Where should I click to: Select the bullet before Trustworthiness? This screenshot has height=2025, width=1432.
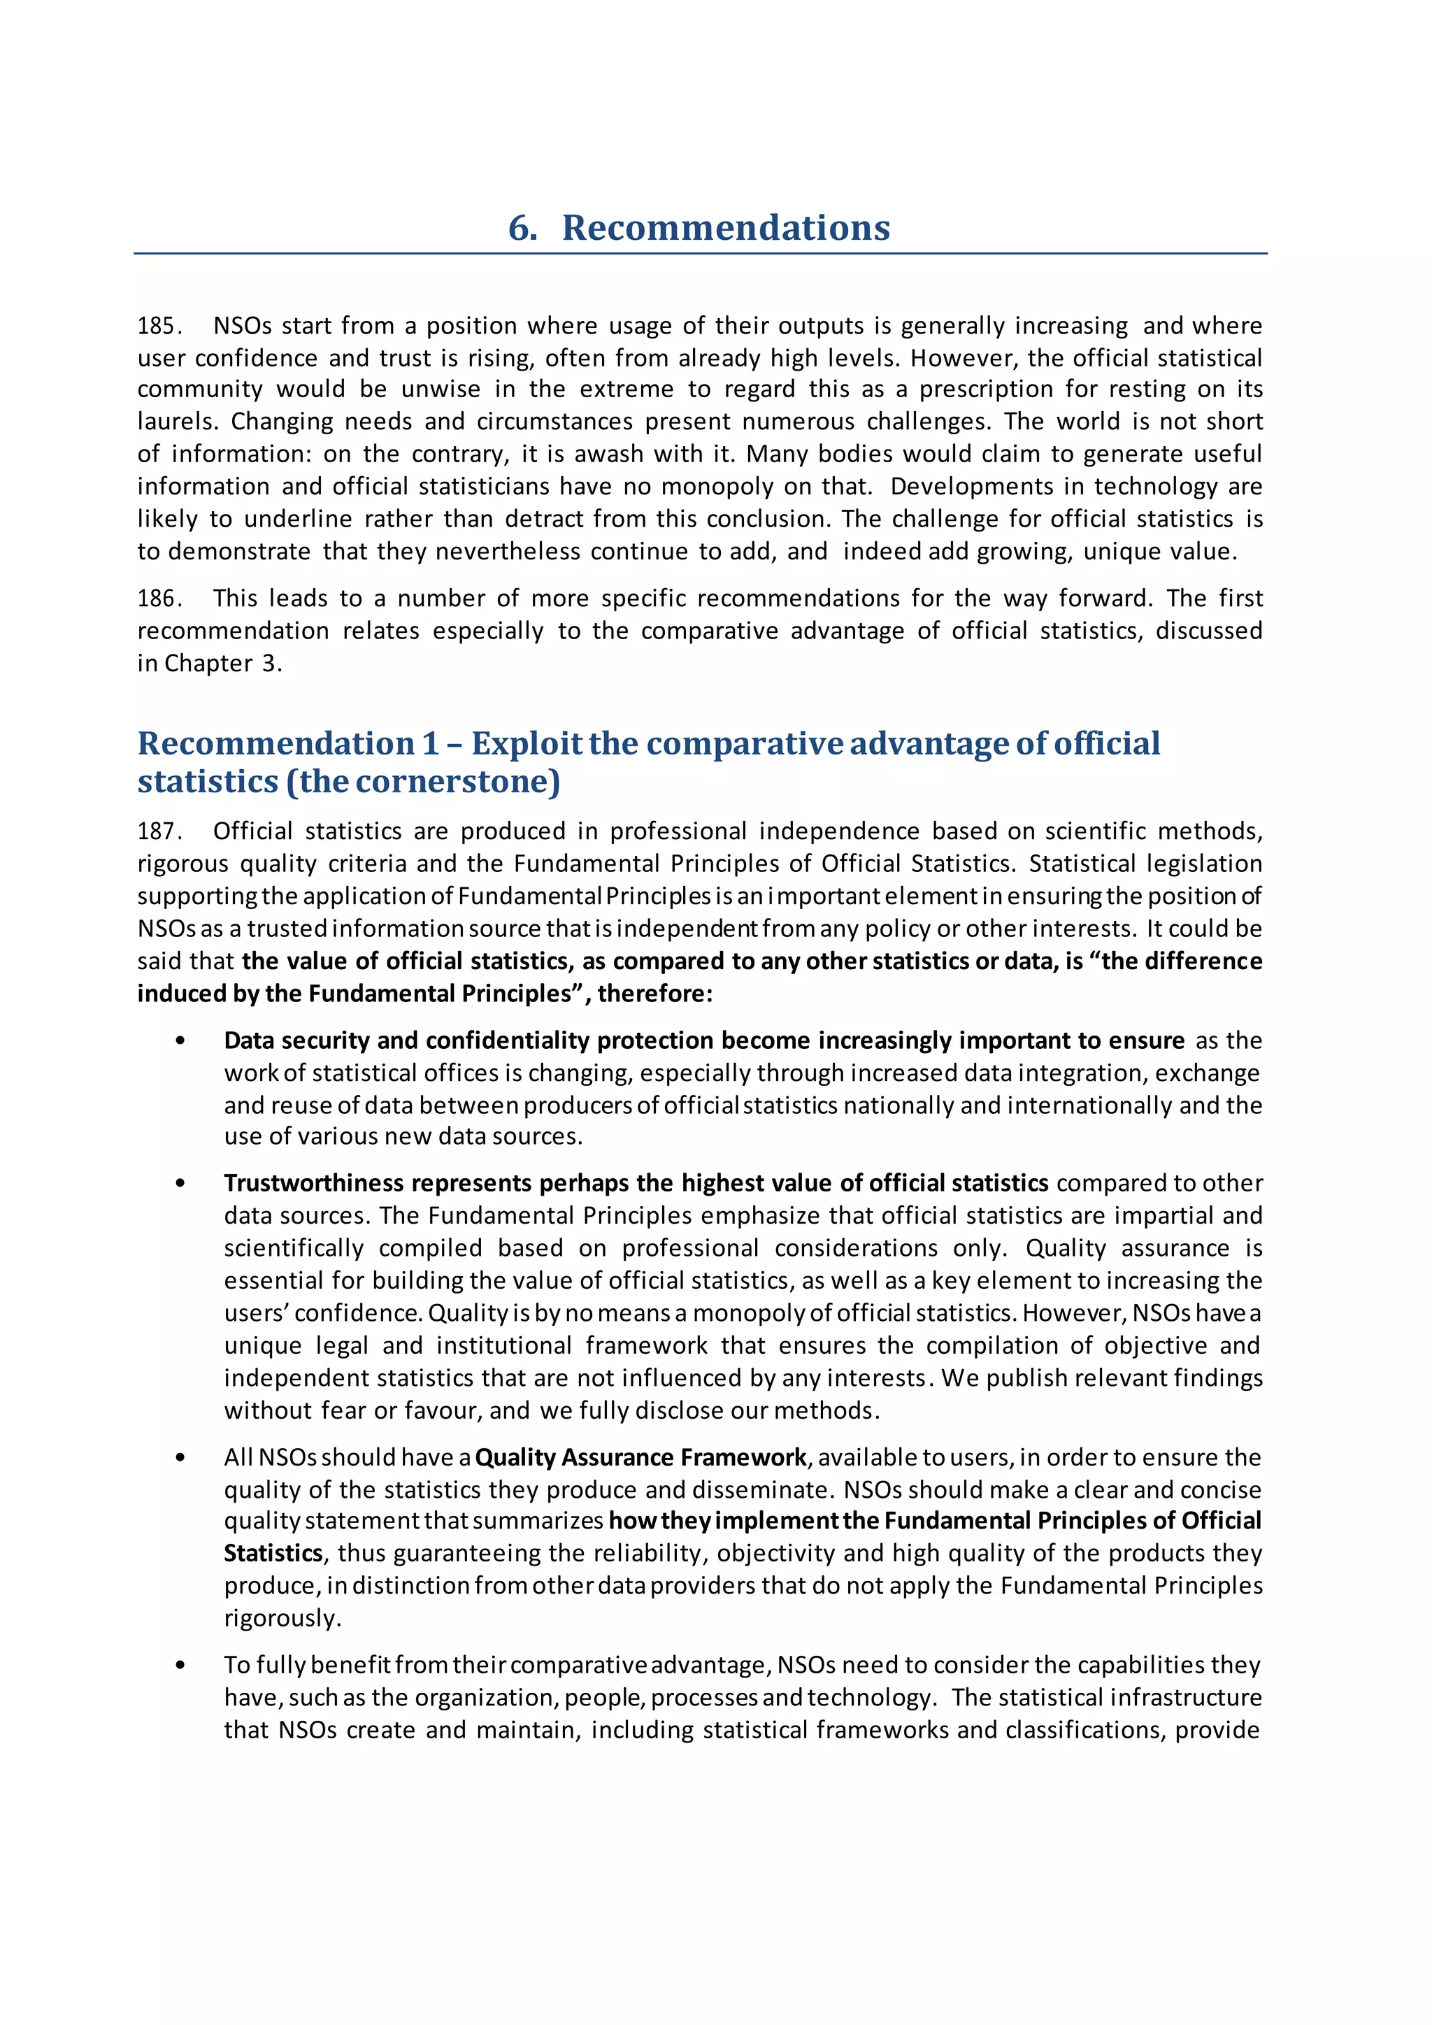click(181, 1184)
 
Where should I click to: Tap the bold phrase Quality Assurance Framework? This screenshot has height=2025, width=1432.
click(640, 1457)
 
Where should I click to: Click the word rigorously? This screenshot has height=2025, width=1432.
click(282, 1619)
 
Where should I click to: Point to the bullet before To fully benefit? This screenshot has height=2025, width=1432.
click(181, 1665)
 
